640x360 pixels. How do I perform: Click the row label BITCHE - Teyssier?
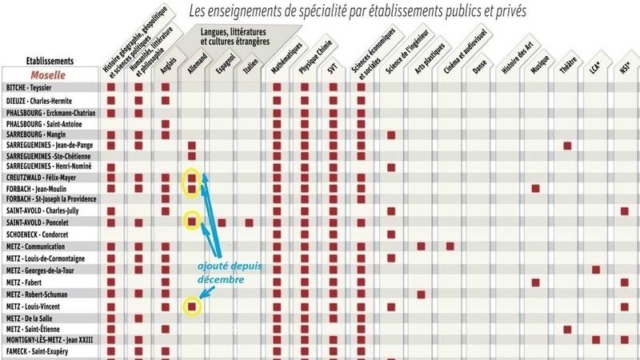(29, 87)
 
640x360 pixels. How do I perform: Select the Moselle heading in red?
(48, 75)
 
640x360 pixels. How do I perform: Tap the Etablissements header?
(50, 61)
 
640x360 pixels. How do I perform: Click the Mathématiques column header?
(286, 58)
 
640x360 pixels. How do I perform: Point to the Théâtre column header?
(568, 65)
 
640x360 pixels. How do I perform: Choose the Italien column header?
(250, 66)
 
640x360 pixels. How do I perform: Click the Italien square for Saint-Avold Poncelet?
(249, 222)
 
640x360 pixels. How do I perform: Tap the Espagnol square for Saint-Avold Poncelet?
(222, 222)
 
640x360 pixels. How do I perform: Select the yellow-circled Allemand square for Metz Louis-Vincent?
(192, 306)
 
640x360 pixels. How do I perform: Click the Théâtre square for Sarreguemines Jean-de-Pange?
(567, 146)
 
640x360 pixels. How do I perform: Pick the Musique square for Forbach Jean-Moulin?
(535, 189)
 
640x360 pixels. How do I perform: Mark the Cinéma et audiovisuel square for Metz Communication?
(450, 246)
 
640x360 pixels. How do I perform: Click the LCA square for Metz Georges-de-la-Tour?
(596, 270)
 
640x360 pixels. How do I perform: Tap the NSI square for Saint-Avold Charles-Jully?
(625, 211)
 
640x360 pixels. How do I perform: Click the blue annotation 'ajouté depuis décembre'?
(230, 273)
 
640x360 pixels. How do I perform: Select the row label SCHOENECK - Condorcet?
(37, 234)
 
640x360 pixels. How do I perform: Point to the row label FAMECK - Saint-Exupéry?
(37, 351)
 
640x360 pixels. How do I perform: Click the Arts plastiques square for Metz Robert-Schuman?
(422, 294)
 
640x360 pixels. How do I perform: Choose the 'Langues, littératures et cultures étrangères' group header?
(234, 37)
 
